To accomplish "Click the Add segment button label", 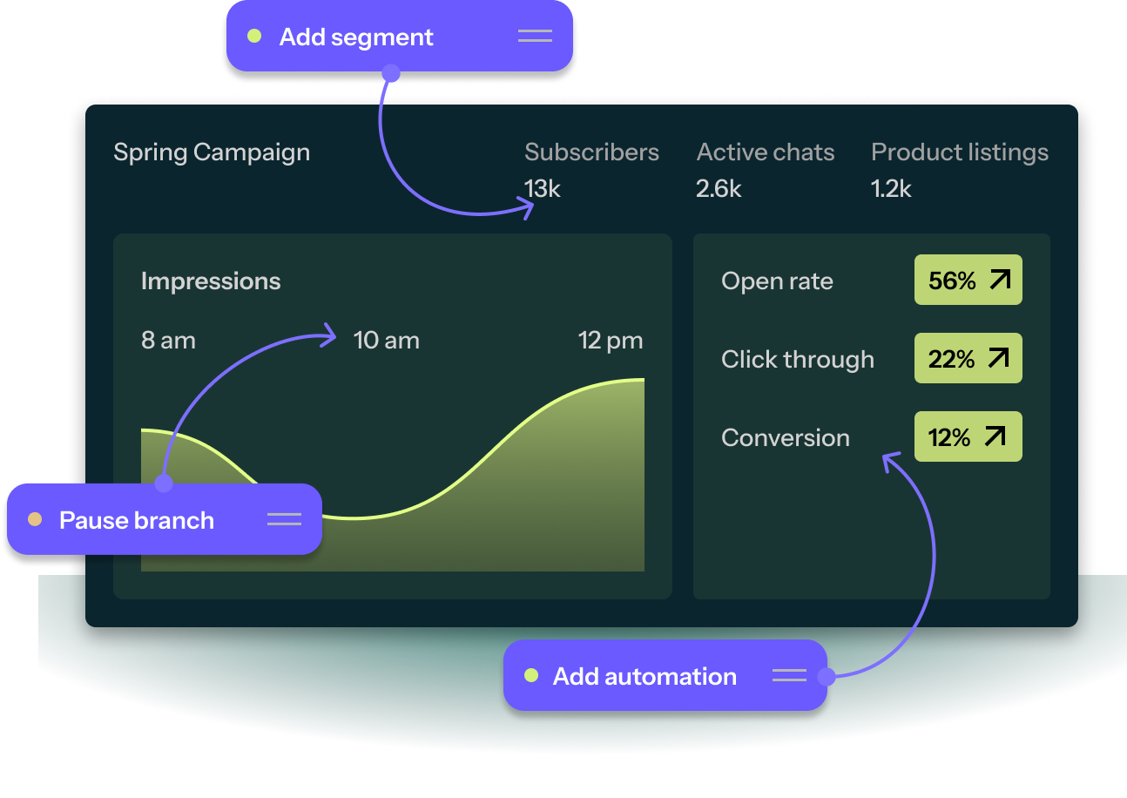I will click(x=355, y=37).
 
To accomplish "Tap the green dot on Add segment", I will click(x=254, y=37).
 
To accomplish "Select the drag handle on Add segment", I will click(x=535, y=36).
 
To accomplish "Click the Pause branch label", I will click(x=136, y=520).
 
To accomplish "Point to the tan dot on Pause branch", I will click(x=35, y=519).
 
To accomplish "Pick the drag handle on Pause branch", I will click(x=284, y=519).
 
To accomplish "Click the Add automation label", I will click(x=644, y=676).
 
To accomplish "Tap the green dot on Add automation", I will click(x=531, y=675).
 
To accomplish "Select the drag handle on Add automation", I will click(x=789, y=675).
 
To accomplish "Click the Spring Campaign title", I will click(x=212, y=152).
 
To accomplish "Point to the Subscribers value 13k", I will click(x=542, y=188).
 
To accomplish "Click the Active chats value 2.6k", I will click(x=719, y=188).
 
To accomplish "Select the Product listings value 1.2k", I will click(x=891, y=188).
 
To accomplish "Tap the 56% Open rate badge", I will click(x=968, y=281).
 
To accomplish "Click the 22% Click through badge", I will click(x=968, y=359).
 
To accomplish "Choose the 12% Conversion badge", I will click(x=968, y=437).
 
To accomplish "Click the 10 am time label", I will click(x=386, y=341).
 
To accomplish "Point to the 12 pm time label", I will click(x=611, y=341).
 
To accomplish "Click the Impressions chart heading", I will click(x=211, y=281).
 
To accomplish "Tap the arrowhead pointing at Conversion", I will click(x=889, y=459).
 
